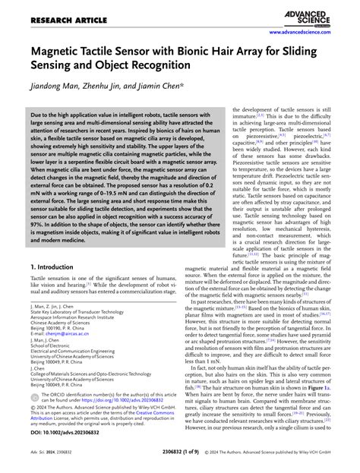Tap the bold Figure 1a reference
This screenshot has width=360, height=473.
click(314, 386)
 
